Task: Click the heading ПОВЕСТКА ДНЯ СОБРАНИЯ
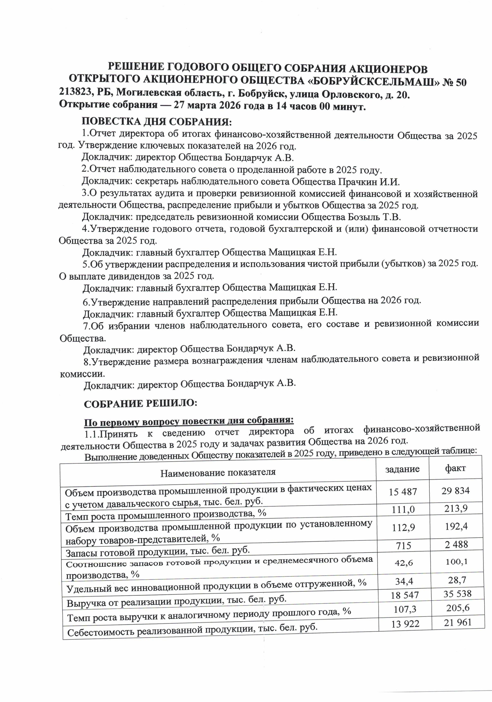[157, 122]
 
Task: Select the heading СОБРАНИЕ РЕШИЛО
[141, 404]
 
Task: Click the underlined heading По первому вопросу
[189, 421]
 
